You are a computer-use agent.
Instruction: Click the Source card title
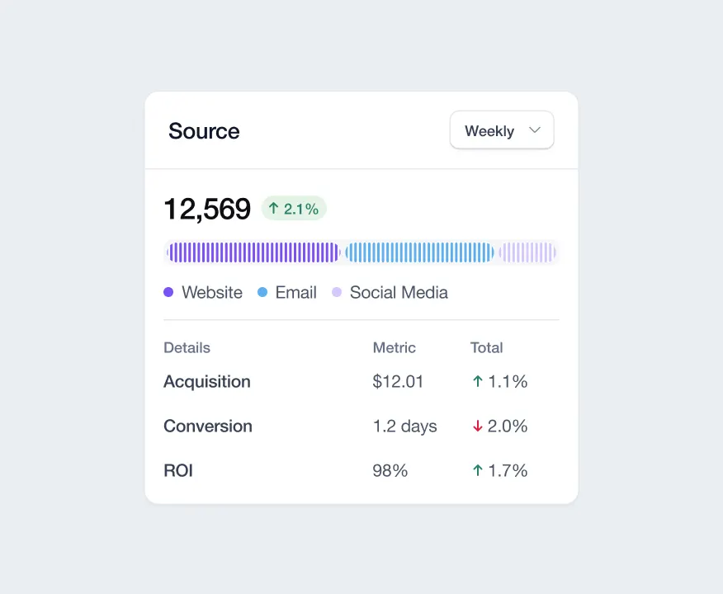204,131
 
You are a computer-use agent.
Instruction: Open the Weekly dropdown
502,130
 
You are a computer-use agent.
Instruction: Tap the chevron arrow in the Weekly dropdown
535,130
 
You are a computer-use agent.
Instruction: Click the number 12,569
207,209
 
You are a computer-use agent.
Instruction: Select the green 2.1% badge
294,208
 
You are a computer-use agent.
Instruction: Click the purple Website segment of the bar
253,252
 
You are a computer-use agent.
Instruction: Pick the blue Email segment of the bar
419,252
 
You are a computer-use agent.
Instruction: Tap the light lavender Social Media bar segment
527,252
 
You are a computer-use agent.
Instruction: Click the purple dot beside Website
168,292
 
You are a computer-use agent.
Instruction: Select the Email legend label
296,293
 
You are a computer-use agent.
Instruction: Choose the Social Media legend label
399,293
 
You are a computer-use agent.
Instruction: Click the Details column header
187,347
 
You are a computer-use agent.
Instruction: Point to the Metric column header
395,347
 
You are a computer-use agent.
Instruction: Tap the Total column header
486,347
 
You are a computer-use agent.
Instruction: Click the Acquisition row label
207,382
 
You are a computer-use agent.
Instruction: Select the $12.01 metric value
398,381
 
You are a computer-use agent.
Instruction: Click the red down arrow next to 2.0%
478,427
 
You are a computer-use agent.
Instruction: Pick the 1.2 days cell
405,427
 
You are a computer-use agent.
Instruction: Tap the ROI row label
178,470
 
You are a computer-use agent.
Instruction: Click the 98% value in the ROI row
390,470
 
